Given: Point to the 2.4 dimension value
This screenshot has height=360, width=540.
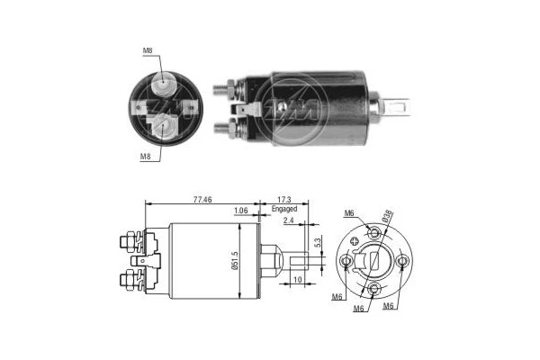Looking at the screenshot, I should (287, 220).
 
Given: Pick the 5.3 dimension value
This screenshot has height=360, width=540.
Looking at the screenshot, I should (317, 240).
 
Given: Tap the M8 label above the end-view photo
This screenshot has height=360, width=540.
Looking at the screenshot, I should (146, 50).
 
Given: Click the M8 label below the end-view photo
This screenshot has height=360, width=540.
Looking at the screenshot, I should (145, 156).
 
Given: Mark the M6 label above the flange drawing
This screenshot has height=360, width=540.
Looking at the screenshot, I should (349, 213).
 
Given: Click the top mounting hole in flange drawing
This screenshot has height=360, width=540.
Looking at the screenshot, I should (376, 233).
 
